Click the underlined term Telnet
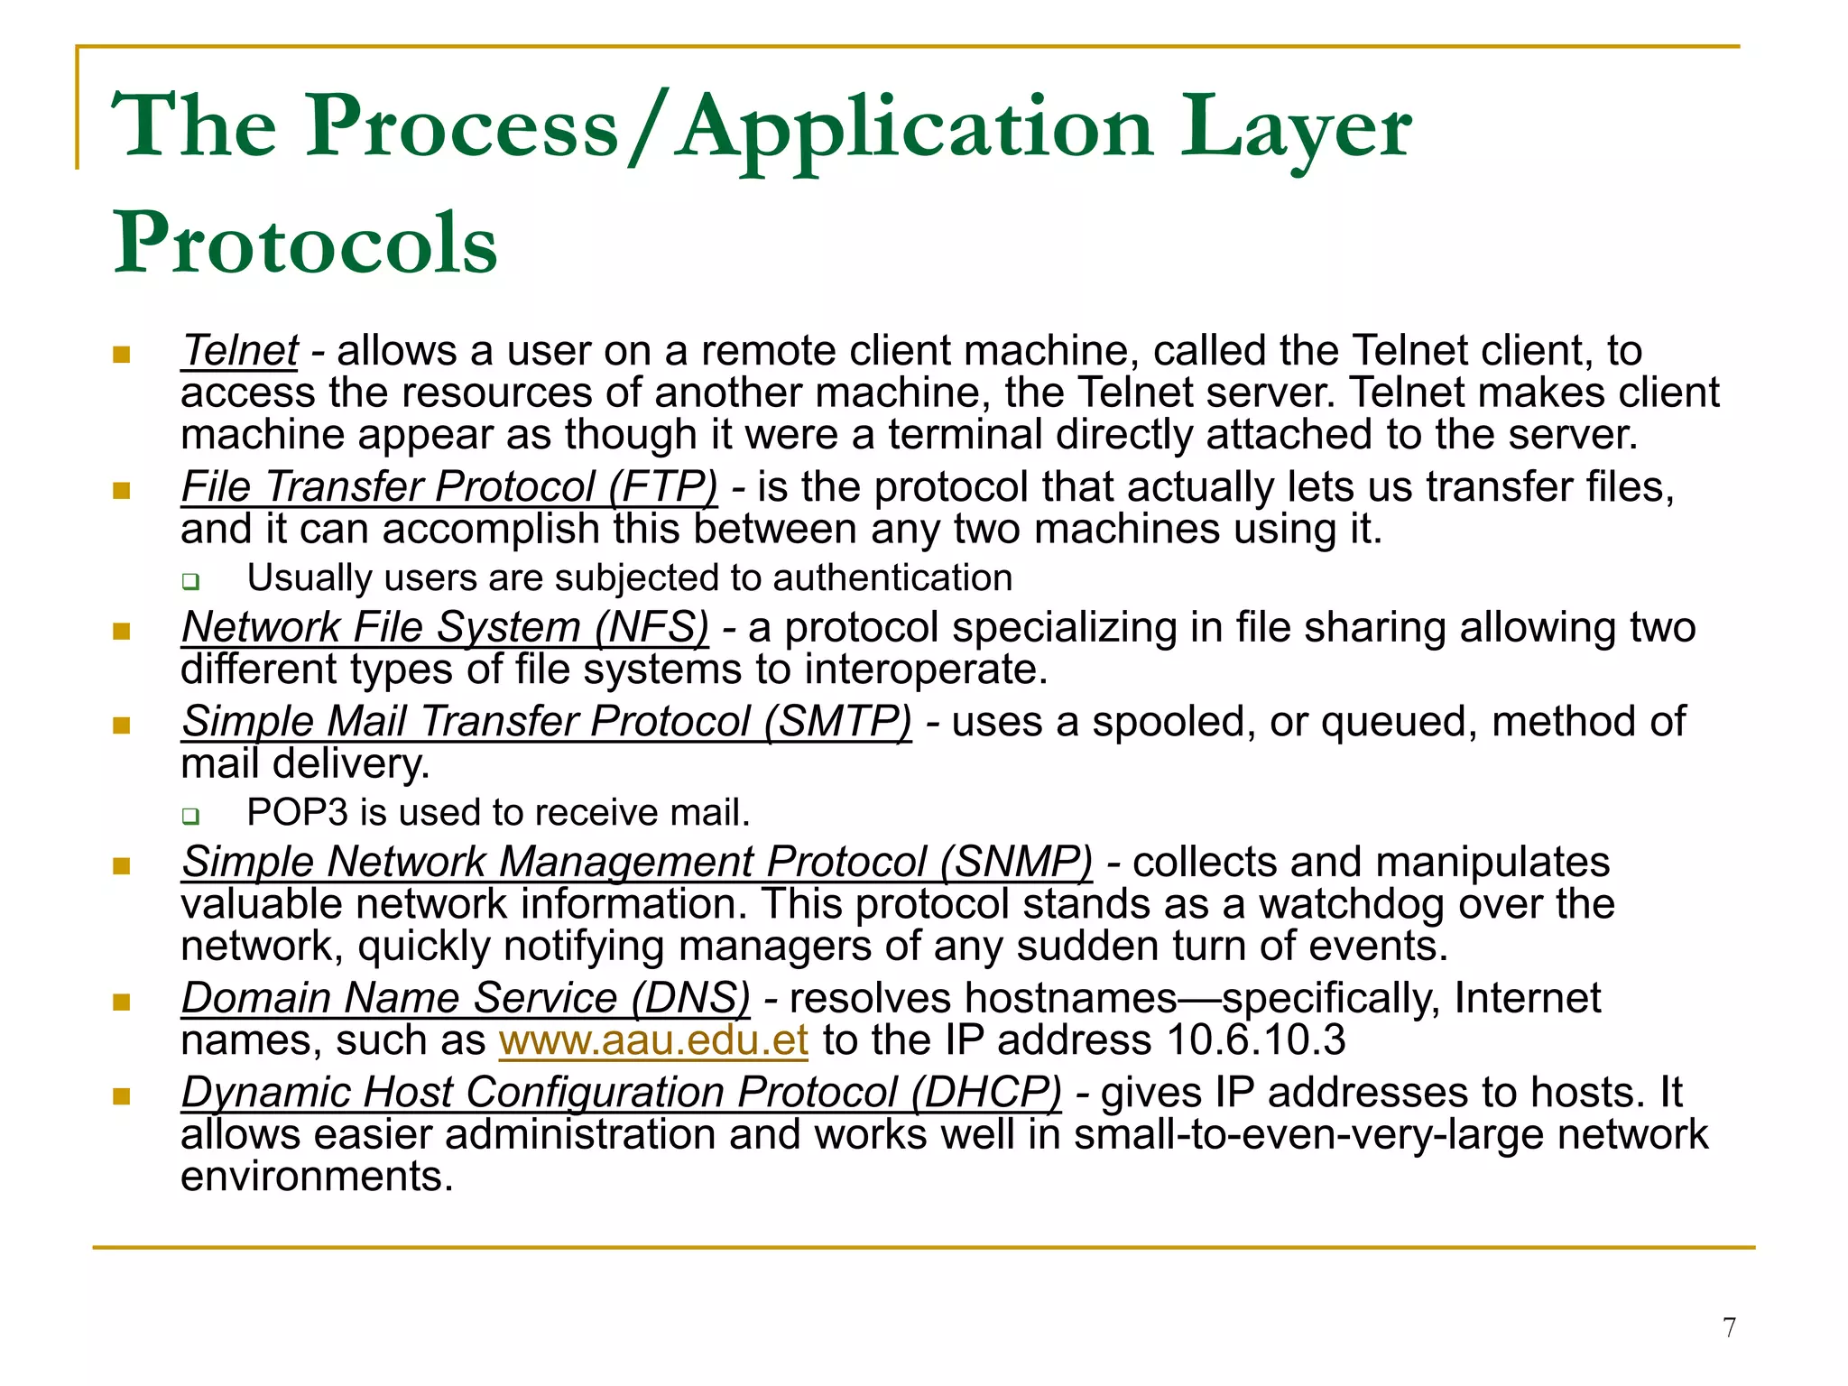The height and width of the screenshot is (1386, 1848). [239, 350]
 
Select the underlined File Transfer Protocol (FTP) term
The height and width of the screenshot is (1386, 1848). [449, 487]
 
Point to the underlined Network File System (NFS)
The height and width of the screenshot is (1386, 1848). [445, 627]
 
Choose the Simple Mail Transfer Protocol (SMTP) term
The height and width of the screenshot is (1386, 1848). [546, 722]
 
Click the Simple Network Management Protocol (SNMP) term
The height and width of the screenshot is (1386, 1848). [636, 862]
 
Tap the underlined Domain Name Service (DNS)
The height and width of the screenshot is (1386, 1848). [466, 998]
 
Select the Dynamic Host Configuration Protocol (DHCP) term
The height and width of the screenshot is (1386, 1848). [621, 1093]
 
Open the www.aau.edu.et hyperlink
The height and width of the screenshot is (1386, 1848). [653, 1040]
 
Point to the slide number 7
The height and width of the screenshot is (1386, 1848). [1729, 1327]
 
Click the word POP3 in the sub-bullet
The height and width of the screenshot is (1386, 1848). [297, 813]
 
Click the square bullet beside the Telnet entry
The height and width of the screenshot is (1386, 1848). [122, 354]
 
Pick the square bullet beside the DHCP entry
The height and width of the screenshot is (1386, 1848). [122, 1096]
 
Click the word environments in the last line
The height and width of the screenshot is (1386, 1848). [317, 1177]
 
